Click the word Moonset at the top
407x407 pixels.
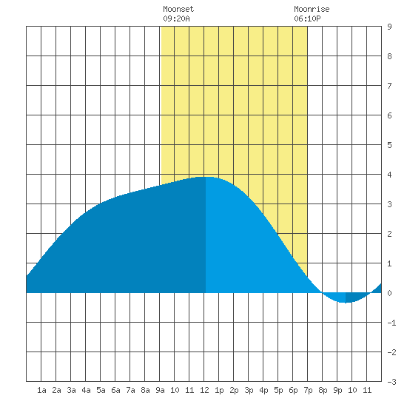pyautogui.click(x=178, y=9)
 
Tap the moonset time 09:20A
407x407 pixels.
pyautogui.click(x=176, y=18)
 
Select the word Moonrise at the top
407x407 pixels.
pyautogui.click(x=312, y=9)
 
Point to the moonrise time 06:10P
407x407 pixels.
pyautogui.click(x=307, y=18)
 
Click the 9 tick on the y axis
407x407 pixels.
pyautogui.click(x=389, y=27)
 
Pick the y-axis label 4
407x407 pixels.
pyautogui.click(x=389, y=175)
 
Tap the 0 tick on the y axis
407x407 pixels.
pyautogui.click(x=389, y=293)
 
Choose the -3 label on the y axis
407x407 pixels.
pyautogui.click(x=391, y=382)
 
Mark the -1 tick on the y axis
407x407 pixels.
pyautogui.click(x=391, y=323)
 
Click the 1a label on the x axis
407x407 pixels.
pyautogui.click(x=41, y=390)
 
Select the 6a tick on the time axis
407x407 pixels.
pyautogui.click(x=115, y=390)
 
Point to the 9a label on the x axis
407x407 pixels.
pyautogui.click(x=160, y=390)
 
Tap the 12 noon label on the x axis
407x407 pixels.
pyautogui.click(x=204, y=390)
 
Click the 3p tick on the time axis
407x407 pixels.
pyautogui.click(x=249, y=390)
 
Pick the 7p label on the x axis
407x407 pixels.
pyautogui.click(x=308, y=390)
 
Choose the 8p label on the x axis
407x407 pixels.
pyautogui.click(x=323, y=390)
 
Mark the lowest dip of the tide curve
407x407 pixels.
pyautogui.click(x=346, y=303)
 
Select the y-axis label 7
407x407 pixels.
pyautogui.click(x=389, y=86)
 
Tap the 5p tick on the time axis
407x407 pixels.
pyautogui.click(x=278, y=390)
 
